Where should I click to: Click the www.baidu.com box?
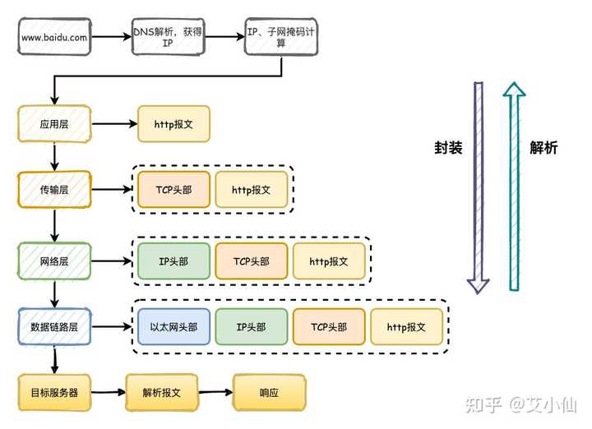click(x=54, y=37)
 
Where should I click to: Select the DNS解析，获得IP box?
click(x=168, y=37)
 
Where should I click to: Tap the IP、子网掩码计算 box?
click(x=281, y=37)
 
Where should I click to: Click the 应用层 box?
click(x=54, y=124)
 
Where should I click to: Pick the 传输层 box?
click(x=54, y=189)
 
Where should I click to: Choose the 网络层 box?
click(x=54, y=261)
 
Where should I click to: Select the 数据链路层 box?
click(x=54, y=327)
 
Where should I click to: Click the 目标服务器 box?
click(x=54, y=392)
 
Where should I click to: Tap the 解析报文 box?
click(x=162, y=392)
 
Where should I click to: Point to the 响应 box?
click(x=269, y=392)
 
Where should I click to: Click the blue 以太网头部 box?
click(x=173, y=327)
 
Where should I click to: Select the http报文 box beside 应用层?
click(x=173, y=124)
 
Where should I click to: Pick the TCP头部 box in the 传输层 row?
click(x=173, y=189)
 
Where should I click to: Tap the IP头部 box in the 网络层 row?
click(x=173, y=261)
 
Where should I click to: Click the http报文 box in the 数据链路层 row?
click(x=407, y=327)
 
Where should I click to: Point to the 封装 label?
click(x=448, y=148)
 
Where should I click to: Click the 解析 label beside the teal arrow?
click(x=543, y=148)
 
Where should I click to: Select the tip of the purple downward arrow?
click(x=478, y=293)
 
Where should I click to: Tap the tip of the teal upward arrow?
click(x=514, y=82)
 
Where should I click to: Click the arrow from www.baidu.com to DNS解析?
click(x=111, y=37)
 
